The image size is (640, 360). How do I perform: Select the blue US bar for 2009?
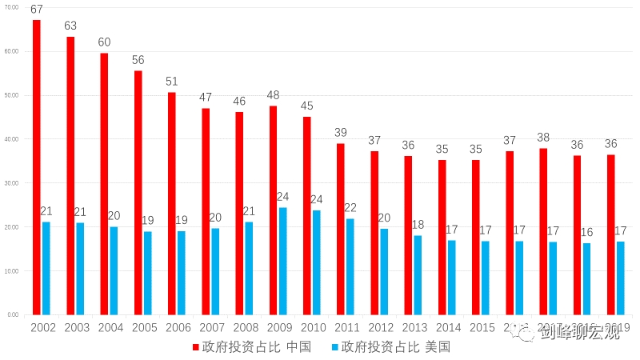283,261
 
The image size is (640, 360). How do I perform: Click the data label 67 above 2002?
37,9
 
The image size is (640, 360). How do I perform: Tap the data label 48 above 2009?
273,94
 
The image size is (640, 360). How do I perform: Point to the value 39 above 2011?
341,133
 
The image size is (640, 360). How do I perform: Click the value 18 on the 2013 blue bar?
418,225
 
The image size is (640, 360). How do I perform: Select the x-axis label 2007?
211,327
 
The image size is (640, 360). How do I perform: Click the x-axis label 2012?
380,327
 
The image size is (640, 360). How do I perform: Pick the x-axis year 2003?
76,327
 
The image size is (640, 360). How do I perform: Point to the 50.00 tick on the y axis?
11,95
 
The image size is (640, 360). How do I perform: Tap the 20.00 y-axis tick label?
11,227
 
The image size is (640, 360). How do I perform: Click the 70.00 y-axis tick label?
11,7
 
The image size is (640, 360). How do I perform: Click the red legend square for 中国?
195,347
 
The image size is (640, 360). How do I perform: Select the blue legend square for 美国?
334,347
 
